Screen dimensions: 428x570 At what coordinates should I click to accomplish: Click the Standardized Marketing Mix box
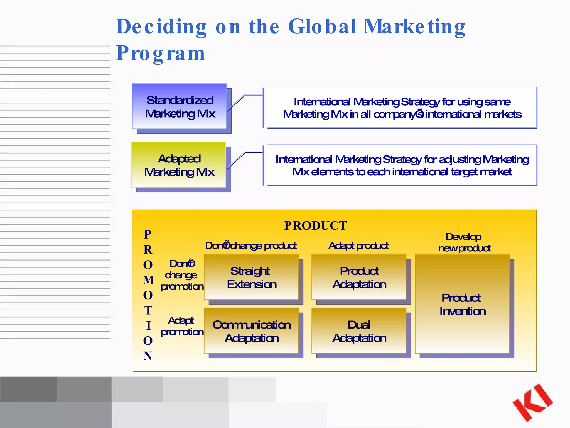pyautogui.click(x=180, y=106)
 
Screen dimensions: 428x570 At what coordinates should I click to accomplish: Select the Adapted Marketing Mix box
pyautogui.click(x=179, y=165)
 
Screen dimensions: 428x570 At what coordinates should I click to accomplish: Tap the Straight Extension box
pyautogui.click(x=251, y=277)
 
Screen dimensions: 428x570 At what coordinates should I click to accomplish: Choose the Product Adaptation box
pyautogui.click(x=359, y=277)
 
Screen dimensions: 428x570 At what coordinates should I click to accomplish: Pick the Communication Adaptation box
pyautogui.click(x=251, y=331)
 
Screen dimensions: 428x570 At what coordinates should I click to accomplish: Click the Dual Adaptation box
pyautogui.click(x=359, y=331)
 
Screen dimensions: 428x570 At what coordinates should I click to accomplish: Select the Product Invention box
pyautogui.click(x=462, y=304)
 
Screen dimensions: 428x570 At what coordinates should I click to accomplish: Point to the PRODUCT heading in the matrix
pyautogui.click(x=315, y=226)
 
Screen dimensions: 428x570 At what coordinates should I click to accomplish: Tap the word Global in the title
pyautogui.click(x=322, y=27)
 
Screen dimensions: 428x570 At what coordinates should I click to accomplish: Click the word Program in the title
pyautogui.click(x=161, y=53)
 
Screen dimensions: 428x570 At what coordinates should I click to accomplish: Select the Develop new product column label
pyautogui.click(x=464, y=242)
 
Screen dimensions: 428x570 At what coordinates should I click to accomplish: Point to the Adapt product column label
pyautogui.click(x=358, y=245)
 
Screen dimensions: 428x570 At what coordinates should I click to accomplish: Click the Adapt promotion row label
pyautogui.click(x=182, y=326)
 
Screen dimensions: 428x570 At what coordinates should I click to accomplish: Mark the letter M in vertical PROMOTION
pyautogui.click(x=148, y=280)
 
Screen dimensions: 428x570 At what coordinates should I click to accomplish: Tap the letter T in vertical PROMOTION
pyautogui.click(x=148, y=310)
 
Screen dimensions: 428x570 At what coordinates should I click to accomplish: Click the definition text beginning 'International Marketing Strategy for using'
pyautogui.click(x=402, y=108)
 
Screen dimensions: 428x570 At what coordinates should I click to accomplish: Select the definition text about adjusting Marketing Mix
pyautogui.click(x=402, y=166)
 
